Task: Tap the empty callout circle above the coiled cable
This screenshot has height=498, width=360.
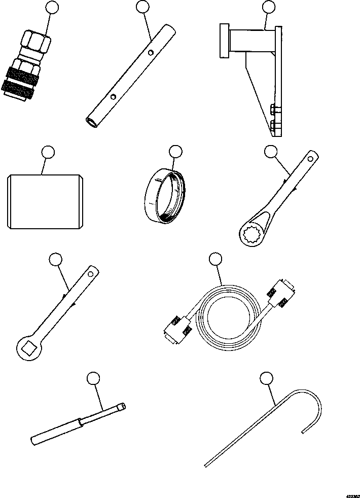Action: [x=215, y=260]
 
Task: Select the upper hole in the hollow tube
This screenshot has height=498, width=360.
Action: [x=151, y=51]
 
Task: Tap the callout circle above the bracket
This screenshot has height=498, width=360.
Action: [x=269, y=7]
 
